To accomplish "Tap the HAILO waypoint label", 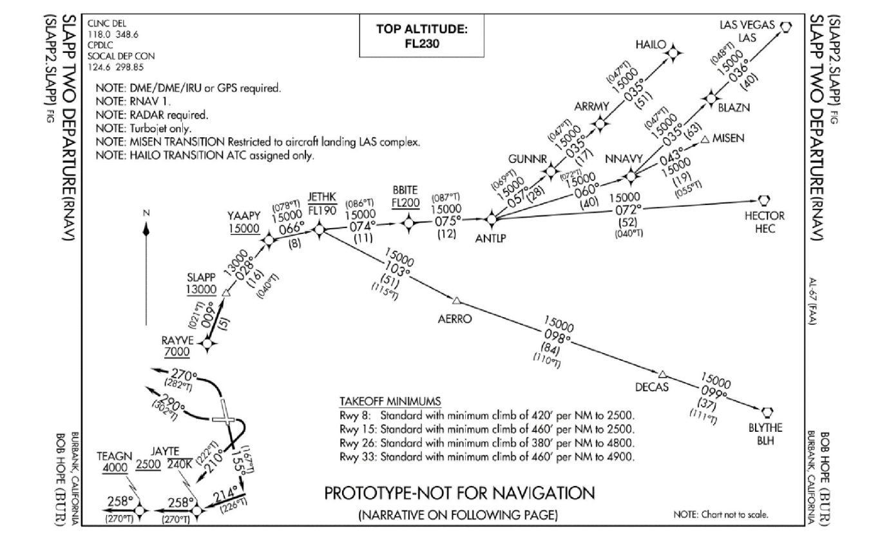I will click(649, 44).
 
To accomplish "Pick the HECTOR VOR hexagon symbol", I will click(765, 199).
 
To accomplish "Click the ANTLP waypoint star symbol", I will click(491, 219).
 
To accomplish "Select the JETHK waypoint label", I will click(320, 197).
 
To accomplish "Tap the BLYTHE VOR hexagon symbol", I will click(767, 411).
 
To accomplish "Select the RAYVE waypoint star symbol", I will click(207, 345).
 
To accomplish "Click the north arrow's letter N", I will click(146, 213).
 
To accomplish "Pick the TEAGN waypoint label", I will click(110, 456).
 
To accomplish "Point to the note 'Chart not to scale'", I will click(720, 515).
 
